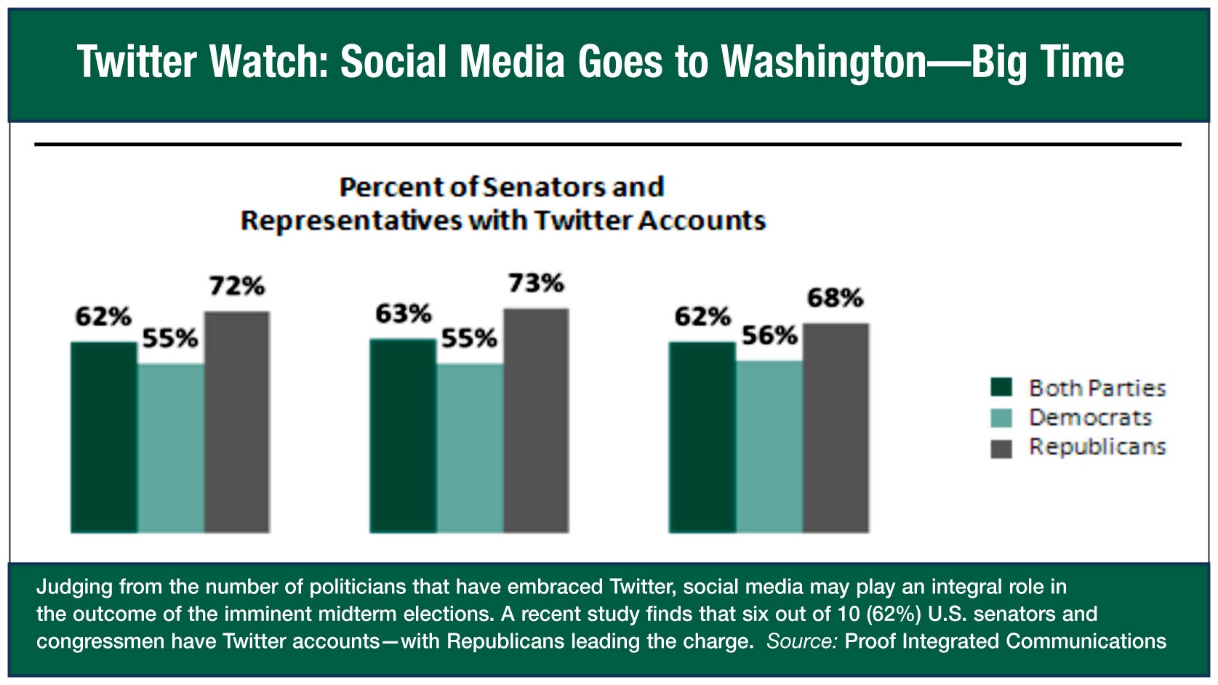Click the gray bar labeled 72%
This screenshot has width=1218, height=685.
point(237,422)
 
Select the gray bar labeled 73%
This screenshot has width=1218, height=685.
point(537,420)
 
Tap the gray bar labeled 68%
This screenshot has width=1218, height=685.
point(836,428)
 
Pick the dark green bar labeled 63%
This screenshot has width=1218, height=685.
point(403,436)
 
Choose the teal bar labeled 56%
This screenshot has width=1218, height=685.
point(769,446)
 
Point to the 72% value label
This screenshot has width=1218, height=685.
point(237,287)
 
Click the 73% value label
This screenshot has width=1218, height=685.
point(537,284)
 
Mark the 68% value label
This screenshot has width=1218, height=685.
point(836,298)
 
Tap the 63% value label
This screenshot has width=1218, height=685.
point(404,314)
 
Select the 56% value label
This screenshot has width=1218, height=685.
point(769,336)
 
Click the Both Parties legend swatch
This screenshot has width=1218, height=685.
point(1001,388)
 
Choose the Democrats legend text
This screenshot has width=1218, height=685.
point(1090,417)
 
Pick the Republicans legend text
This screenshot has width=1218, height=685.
point(1097,446)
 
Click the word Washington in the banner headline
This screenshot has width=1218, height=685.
point(824,62)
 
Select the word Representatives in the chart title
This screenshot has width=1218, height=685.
point(351,220)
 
